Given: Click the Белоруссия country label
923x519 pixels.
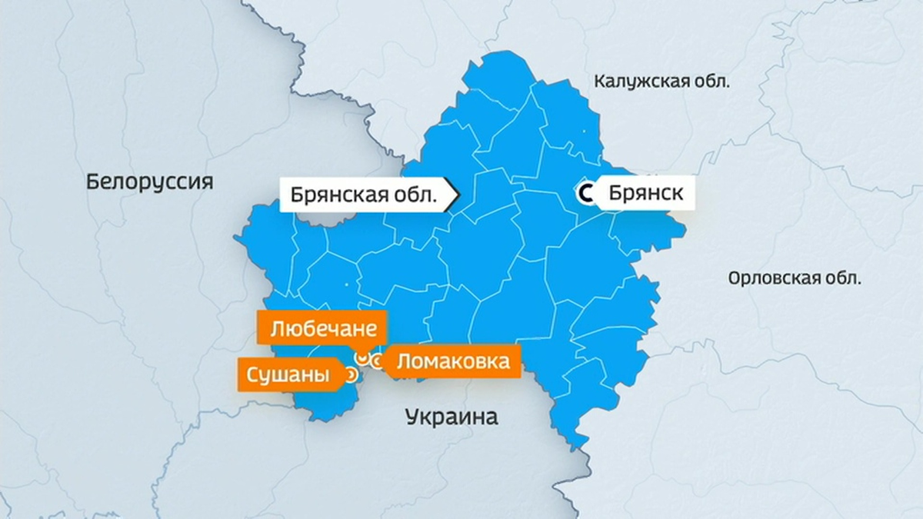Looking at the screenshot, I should (x=149, y=182).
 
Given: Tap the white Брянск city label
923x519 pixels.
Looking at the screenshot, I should (x=645, y=193).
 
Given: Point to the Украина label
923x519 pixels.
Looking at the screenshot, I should (x=452, y=418).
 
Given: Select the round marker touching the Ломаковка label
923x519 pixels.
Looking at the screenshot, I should (x=377, y=361).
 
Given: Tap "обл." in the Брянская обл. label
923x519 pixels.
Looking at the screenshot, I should (x=420, y=195).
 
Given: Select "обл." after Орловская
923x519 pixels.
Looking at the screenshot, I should (x=845, y=278).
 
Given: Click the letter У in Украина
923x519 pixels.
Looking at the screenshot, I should (x=411, y=418).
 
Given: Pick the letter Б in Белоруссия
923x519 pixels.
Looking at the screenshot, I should (x=92, y=182).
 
